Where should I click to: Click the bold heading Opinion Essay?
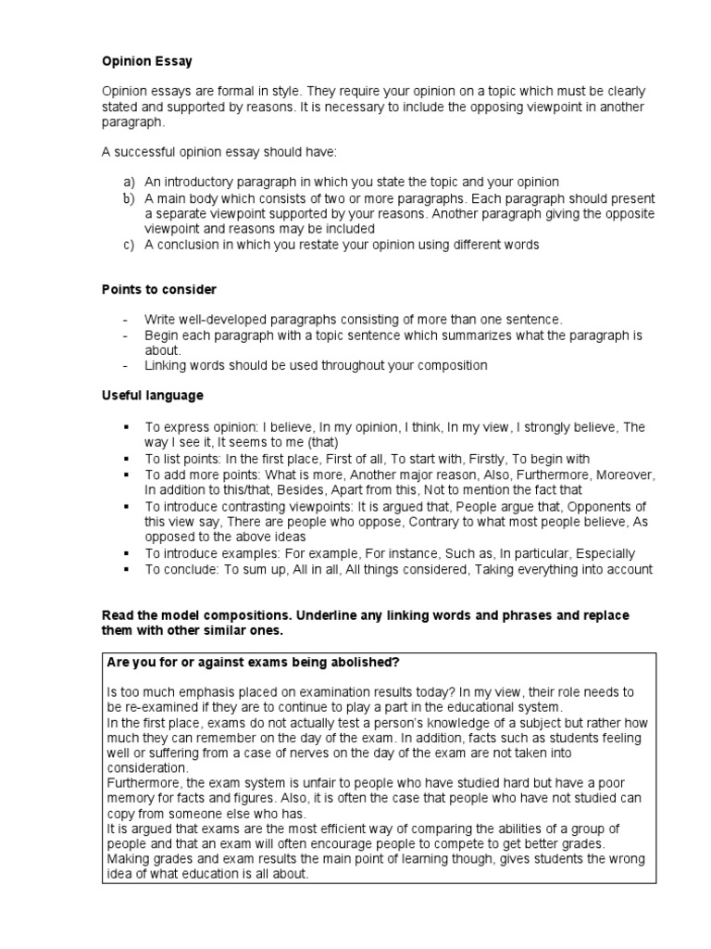click(147, 61)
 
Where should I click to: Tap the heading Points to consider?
click(158, 289)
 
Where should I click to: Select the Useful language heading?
click(152, 395)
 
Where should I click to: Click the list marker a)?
click(128, 182)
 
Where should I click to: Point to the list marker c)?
click(128, 245)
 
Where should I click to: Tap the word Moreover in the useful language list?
click(625, 474)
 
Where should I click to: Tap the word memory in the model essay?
click(131, 800)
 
